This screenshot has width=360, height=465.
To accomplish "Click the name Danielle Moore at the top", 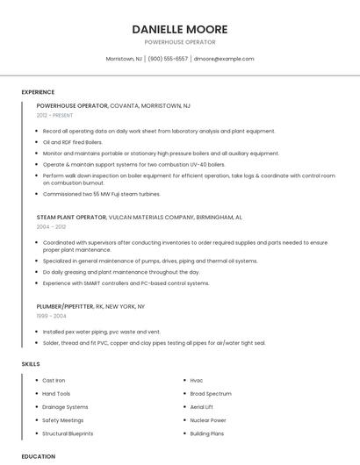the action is pyautogui.click(x=179, y=29).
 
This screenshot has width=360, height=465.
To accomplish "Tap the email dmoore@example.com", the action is pyautogui.click(x=224, y=59).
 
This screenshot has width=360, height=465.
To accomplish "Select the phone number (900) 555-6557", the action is pyautogui.click(x=168, y=59).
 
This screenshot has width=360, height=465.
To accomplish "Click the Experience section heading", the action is pyautogui.click(x=38, y=92).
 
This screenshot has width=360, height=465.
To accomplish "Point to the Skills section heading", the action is pyautogui.click(x=31, y=363).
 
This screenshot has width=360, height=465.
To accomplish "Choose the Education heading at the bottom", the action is pyautogui.click(x=38, y=456).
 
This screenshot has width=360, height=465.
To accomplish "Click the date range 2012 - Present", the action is pyautogui.click(x=54, y=115).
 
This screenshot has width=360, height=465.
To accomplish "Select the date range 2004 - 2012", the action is pyautogui.click(x=51, y=226).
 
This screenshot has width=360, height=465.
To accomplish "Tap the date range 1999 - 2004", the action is pyautogui.click(x=51, y=316).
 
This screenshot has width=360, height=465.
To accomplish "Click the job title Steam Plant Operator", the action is pyautogui.click(x=71, y=216).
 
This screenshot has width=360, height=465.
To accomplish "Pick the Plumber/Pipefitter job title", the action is pyautogui.click(x=64, y=306).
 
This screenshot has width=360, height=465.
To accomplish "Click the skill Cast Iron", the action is pyautogui.click(x=54, y=380).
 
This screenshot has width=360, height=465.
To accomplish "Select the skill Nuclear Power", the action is pyautogui.click(x=208, y=420).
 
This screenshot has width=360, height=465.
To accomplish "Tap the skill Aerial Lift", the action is pyautogui.click(x=202, y=407).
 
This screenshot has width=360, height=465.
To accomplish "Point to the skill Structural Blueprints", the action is pyautogui.click(x=68, y=433).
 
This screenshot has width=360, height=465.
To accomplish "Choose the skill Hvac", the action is pyautogui.click(x=197, y=380).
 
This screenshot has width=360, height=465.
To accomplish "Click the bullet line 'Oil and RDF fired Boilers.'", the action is pyautogui.click(x=73, y=142).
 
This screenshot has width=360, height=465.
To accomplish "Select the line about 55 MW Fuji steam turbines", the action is pyautogui.click(x=101, y=194).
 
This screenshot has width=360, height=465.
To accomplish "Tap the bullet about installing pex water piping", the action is pyautogui.click(x=102, y=333).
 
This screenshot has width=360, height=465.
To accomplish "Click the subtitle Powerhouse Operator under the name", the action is pyautogui.click(x=179, y=42).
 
